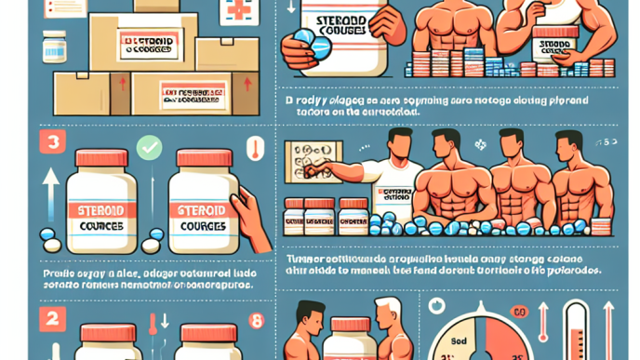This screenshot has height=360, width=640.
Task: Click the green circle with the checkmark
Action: pos(149,146)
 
